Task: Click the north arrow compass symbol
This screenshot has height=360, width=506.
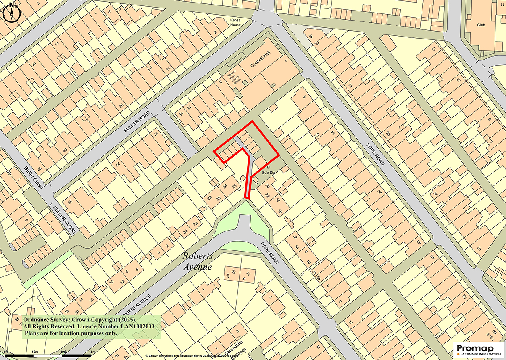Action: tap(11, 13)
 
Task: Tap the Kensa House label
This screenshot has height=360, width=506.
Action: tap(235, 22)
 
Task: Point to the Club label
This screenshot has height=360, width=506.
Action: tap(481, 25)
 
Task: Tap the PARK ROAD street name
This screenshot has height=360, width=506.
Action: tap(269, 253)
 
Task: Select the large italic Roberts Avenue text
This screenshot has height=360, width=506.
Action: tap(198, 261)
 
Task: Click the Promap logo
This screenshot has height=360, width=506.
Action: tap(479, 350)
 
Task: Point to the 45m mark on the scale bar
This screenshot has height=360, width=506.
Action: tap(92, 352)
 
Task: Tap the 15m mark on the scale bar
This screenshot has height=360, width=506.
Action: tap(35, 352)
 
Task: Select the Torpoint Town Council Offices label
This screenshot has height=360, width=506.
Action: tap(233, 79)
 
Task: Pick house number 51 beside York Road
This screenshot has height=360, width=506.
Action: tap(480, 249)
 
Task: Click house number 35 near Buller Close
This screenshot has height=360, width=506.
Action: tap(70, 201)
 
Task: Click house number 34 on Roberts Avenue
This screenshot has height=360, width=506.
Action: tap(185, 231)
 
